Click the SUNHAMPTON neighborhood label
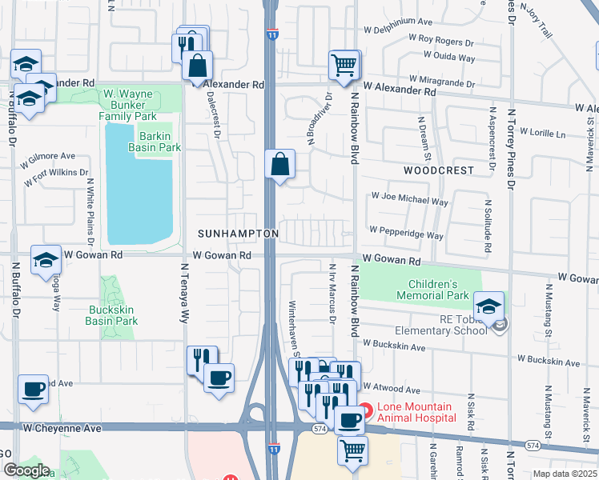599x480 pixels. (x=239, y=233)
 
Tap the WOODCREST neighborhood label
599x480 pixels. (x=438, y=170)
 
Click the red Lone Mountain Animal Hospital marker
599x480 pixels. (x=365, y=412)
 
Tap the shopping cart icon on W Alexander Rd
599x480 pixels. (x=344, y=66)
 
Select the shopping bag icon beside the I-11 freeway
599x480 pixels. (x=280, y=165)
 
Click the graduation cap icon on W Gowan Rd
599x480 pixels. (x=46, y=259)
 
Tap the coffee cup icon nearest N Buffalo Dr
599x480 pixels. (x=33, y=389)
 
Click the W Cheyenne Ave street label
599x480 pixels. (x=62, y=429)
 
